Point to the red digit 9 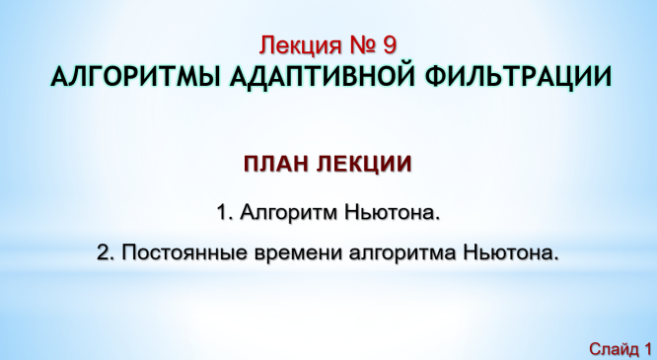389,45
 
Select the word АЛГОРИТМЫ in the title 135,77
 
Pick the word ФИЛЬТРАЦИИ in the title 518,78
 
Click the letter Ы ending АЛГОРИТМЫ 207,77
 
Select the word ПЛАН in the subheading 276,164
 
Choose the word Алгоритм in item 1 289,213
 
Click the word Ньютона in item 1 393,212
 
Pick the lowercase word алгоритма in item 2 402,253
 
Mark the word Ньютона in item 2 511,252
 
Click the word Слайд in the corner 613,348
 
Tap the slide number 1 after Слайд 647,348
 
